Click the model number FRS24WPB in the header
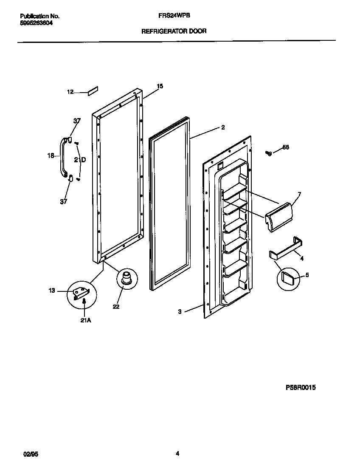point(174,15)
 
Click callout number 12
point(70,92)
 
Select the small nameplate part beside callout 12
point(93,91)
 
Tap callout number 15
point(160,86)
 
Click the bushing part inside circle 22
point(126,279)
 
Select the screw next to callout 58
point(268,153)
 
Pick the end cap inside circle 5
point(289,278)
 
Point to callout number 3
point(180,311)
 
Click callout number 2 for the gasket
point(223,127)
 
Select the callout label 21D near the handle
point(80,160)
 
